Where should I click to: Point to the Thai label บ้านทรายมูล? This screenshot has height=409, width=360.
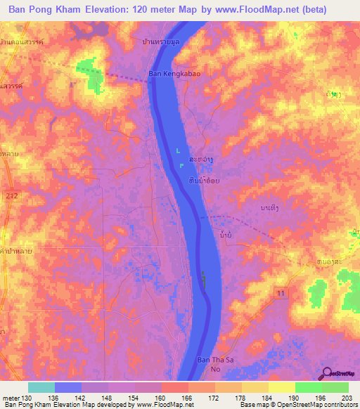(162, 42)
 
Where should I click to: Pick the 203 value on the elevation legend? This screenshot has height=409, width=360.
(345, 398)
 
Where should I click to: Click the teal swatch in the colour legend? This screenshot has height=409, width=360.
(41, 387)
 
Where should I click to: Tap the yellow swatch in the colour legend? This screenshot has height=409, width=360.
(281, 387)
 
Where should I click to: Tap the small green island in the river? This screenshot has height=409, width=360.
(204, 281)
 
